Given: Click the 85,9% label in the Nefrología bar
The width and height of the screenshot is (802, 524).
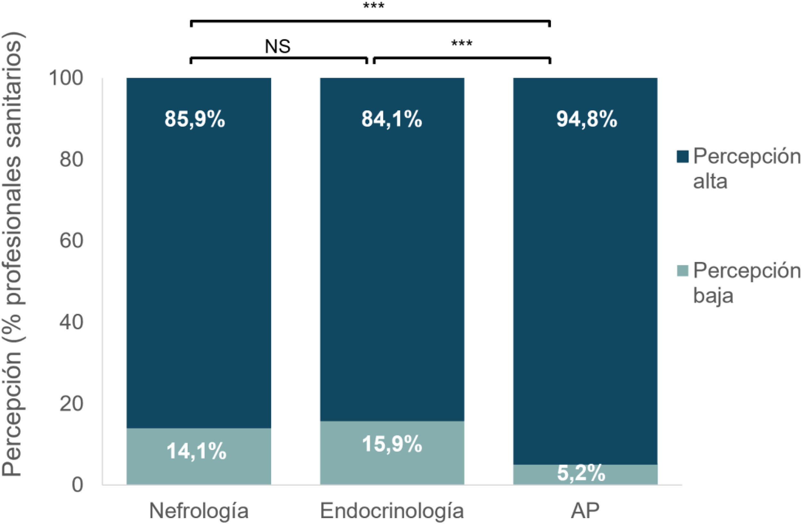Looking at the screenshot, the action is point(195,119).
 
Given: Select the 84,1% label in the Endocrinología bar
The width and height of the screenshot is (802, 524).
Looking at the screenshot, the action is point(392,119).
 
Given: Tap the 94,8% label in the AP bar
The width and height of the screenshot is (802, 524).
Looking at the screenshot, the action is point(587,119).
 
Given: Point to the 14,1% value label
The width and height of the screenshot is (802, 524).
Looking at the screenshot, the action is point(196,451).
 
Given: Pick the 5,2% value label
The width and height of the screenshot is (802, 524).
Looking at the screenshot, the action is point(581,473).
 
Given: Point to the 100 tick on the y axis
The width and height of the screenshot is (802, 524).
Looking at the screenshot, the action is point(66,78).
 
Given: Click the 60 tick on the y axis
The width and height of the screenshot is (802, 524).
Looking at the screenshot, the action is point(72,241).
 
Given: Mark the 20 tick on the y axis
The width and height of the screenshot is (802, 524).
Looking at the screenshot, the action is point(72,404).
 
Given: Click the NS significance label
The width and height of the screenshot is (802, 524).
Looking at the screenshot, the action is point(278,46).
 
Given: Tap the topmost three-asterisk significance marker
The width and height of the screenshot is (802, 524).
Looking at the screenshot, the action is point(374,6).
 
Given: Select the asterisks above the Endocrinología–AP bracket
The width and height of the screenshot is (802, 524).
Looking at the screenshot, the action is point(461,43).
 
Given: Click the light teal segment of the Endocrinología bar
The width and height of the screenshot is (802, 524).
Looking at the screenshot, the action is point(392,453).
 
